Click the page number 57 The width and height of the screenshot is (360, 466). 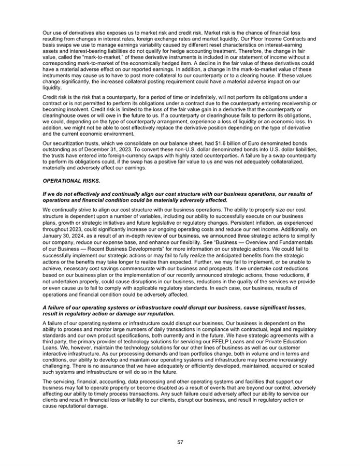180,442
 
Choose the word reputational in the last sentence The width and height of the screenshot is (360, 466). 66,405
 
